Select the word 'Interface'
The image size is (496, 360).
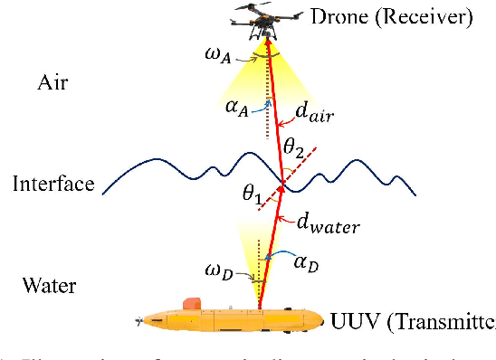(53, 184)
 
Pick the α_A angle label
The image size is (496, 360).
(237, 110)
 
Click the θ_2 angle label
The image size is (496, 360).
(295, 144)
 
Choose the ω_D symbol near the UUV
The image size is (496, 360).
(219, 270)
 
